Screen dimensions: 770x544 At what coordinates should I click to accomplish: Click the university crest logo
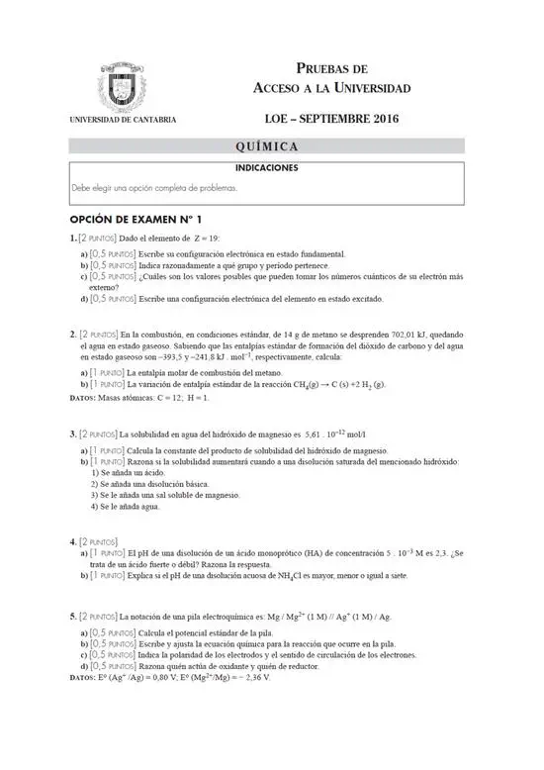(x=124, y=86)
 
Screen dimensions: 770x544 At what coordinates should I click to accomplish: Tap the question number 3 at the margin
(x=72, y=433)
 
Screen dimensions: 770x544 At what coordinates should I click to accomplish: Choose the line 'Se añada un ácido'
(x=128, y=473)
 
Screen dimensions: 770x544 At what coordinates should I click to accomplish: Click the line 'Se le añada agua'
(x=125, y=506)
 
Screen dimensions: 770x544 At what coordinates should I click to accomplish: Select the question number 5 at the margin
(x=72, y=615)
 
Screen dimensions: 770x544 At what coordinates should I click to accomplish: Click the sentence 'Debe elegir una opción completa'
(x=153, y=187)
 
